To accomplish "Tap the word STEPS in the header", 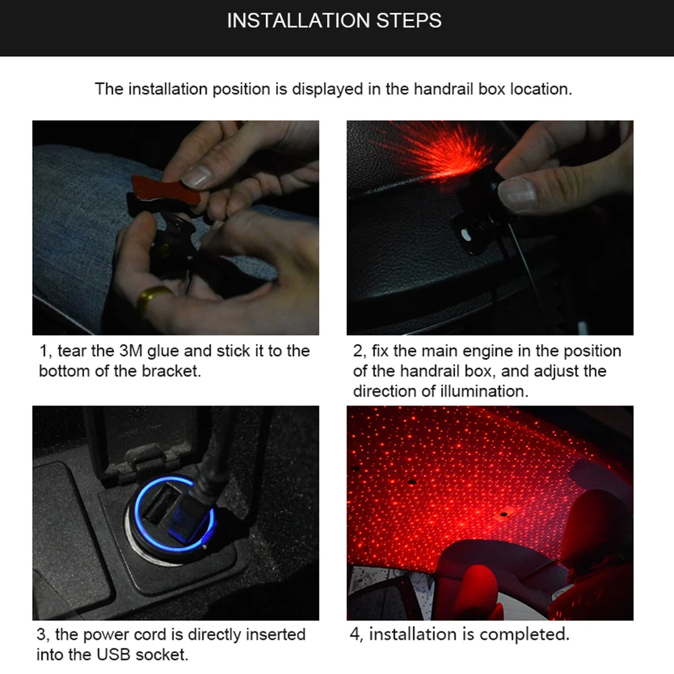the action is [x=409, y=21].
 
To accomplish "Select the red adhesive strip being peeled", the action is [x=166, y=190].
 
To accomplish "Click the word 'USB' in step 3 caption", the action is [x=114, y=654].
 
